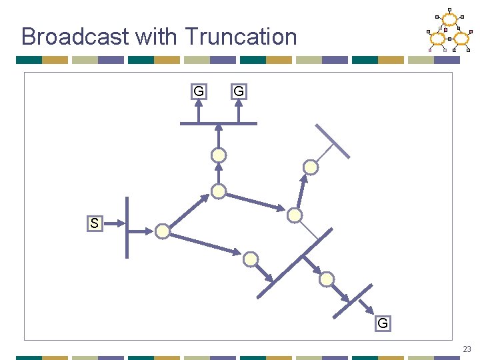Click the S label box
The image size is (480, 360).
click(x=94, y=223)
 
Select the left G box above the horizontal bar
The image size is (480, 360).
click(x=198, y=91)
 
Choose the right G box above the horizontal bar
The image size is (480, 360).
click(x=239, y=91)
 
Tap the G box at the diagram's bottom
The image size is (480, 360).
click(x=382, y=323)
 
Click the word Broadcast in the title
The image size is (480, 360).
click(x=75, y=36)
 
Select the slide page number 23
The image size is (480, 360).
click(x=467, y=349)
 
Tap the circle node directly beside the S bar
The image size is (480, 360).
click(x=162, y=231)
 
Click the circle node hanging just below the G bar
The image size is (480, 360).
click(x=219, y=156)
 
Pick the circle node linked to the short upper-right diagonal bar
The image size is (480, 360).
click(x=311, y=167)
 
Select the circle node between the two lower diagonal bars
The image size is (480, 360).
click(x=326, y=279)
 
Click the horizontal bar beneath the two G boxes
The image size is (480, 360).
click(x=219, y=123)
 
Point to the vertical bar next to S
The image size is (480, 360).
click(x=127, y=227)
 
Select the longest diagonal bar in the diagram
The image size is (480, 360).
click(x=295, y=263)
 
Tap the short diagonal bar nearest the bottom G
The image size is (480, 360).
click(x=353, y=301)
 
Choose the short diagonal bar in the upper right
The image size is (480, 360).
click(x=333, y=141)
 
